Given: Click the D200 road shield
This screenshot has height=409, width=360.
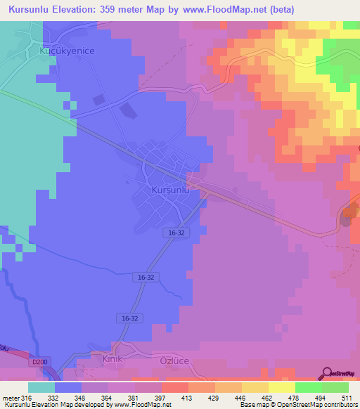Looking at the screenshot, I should point(40,362).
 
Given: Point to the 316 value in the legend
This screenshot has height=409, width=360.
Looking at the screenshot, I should point(27,397).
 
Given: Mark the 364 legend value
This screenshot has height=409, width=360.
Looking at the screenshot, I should point(108,397).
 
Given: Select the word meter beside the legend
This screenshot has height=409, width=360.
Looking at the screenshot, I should point(10,397).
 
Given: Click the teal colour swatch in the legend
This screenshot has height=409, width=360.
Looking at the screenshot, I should point(41,387).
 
